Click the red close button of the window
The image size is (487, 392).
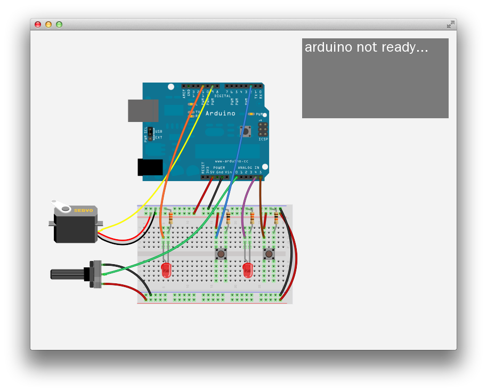(x=38, y=24)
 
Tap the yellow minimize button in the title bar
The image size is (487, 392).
(x=48, y=24)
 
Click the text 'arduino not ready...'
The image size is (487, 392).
(x=366, y=47)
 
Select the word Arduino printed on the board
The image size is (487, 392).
(x=220, y=113)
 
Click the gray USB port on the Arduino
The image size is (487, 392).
(x=143, y=111)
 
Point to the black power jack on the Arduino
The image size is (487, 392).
(x=150, y=167)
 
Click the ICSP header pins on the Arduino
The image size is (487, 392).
(x=263, y=130)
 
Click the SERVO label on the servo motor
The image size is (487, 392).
(x=83, y=210)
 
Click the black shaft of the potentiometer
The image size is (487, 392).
(x=67, y=274)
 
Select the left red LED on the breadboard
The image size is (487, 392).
(x=166, y=270)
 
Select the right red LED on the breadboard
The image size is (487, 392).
(x=248, y=270)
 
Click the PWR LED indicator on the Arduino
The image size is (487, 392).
(x=251, y=114)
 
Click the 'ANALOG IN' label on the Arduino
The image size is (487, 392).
(x=248, y=168)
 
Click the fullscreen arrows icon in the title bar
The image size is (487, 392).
(x=450, y=24)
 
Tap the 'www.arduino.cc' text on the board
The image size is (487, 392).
(x=231, y=161)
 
